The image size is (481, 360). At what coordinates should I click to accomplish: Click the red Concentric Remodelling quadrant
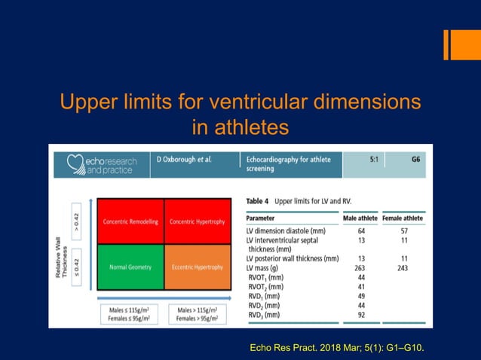click(x=131, y=221)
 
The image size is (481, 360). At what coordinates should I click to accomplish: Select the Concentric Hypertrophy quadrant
click(x=197, y=221)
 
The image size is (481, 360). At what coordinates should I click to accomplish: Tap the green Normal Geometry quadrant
click(x=131, y=267)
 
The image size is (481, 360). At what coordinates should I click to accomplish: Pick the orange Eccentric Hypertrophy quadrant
click(x=197, y=267)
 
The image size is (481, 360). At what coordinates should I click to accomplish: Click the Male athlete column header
click(x=360, y=218)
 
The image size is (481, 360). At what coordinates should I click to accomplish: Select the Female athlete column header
click(x=403, y=218)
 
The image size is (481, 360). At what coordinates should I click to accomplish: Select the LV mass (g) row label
click(x=269, y=268)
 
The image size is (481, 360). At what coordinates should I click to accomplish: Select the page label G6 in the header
click(x=415, y=160)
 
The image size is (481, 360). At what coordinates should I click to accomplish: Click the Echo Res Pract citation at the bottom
click(x=335, y=346)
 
